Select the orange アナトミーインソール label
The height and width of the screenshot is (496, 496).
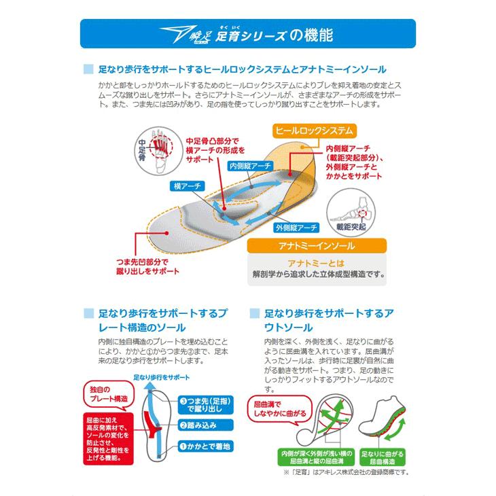click(317, 247)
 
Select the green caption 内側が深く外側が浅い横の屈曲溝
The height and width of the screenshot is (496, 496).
click(306, 457)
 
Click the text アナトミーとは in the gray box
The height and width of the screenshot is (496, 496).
click(317, 264)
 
